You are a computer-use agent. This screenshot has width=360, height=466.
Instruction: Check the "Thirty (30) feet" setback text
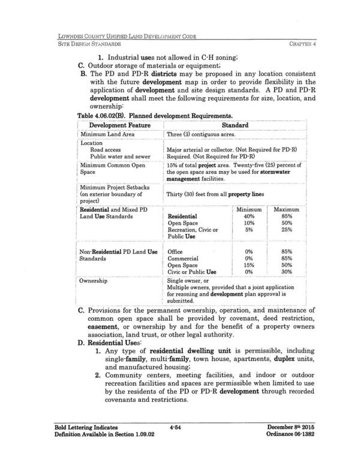pyautogui.click(x=189, y=193)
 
